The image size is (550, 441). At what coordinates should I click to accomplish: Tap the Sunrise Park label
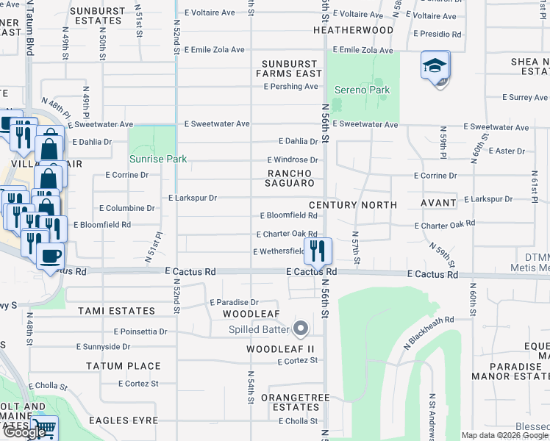[x=157, y=159]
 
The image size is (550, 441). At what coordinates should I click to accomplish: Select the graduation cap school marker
[x=435, y=66]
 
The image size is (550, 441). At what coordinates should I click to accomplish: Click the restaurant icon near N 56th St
[x=318, y=251]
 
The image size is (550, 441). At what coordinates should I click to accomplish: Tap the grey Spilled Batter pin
[x=300, y=327]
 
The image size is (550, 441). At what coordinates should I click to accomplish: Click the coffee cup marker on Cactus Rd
[x=49, y=257]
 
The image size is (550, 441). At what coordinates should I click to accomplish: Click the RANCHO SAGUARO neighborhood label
[x=290, y=177]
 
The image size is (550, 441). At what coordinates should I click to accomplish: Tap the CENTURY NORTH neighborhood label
[x=353, y=205]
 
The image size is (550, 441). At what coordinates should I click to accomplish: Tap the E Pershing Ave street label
[x=291, y=87]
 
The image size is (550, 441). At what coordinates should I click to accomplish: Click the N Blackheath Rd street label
[x=429, y=331]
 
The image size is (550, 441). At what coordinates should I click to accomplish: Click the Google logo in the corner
[x=24, y=432]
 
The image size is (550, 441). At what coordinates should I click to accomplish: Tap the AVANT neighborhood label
[x=439, y=205]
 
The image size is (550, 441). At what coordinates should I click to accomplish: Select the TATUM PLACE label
[x=123, y=366]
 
